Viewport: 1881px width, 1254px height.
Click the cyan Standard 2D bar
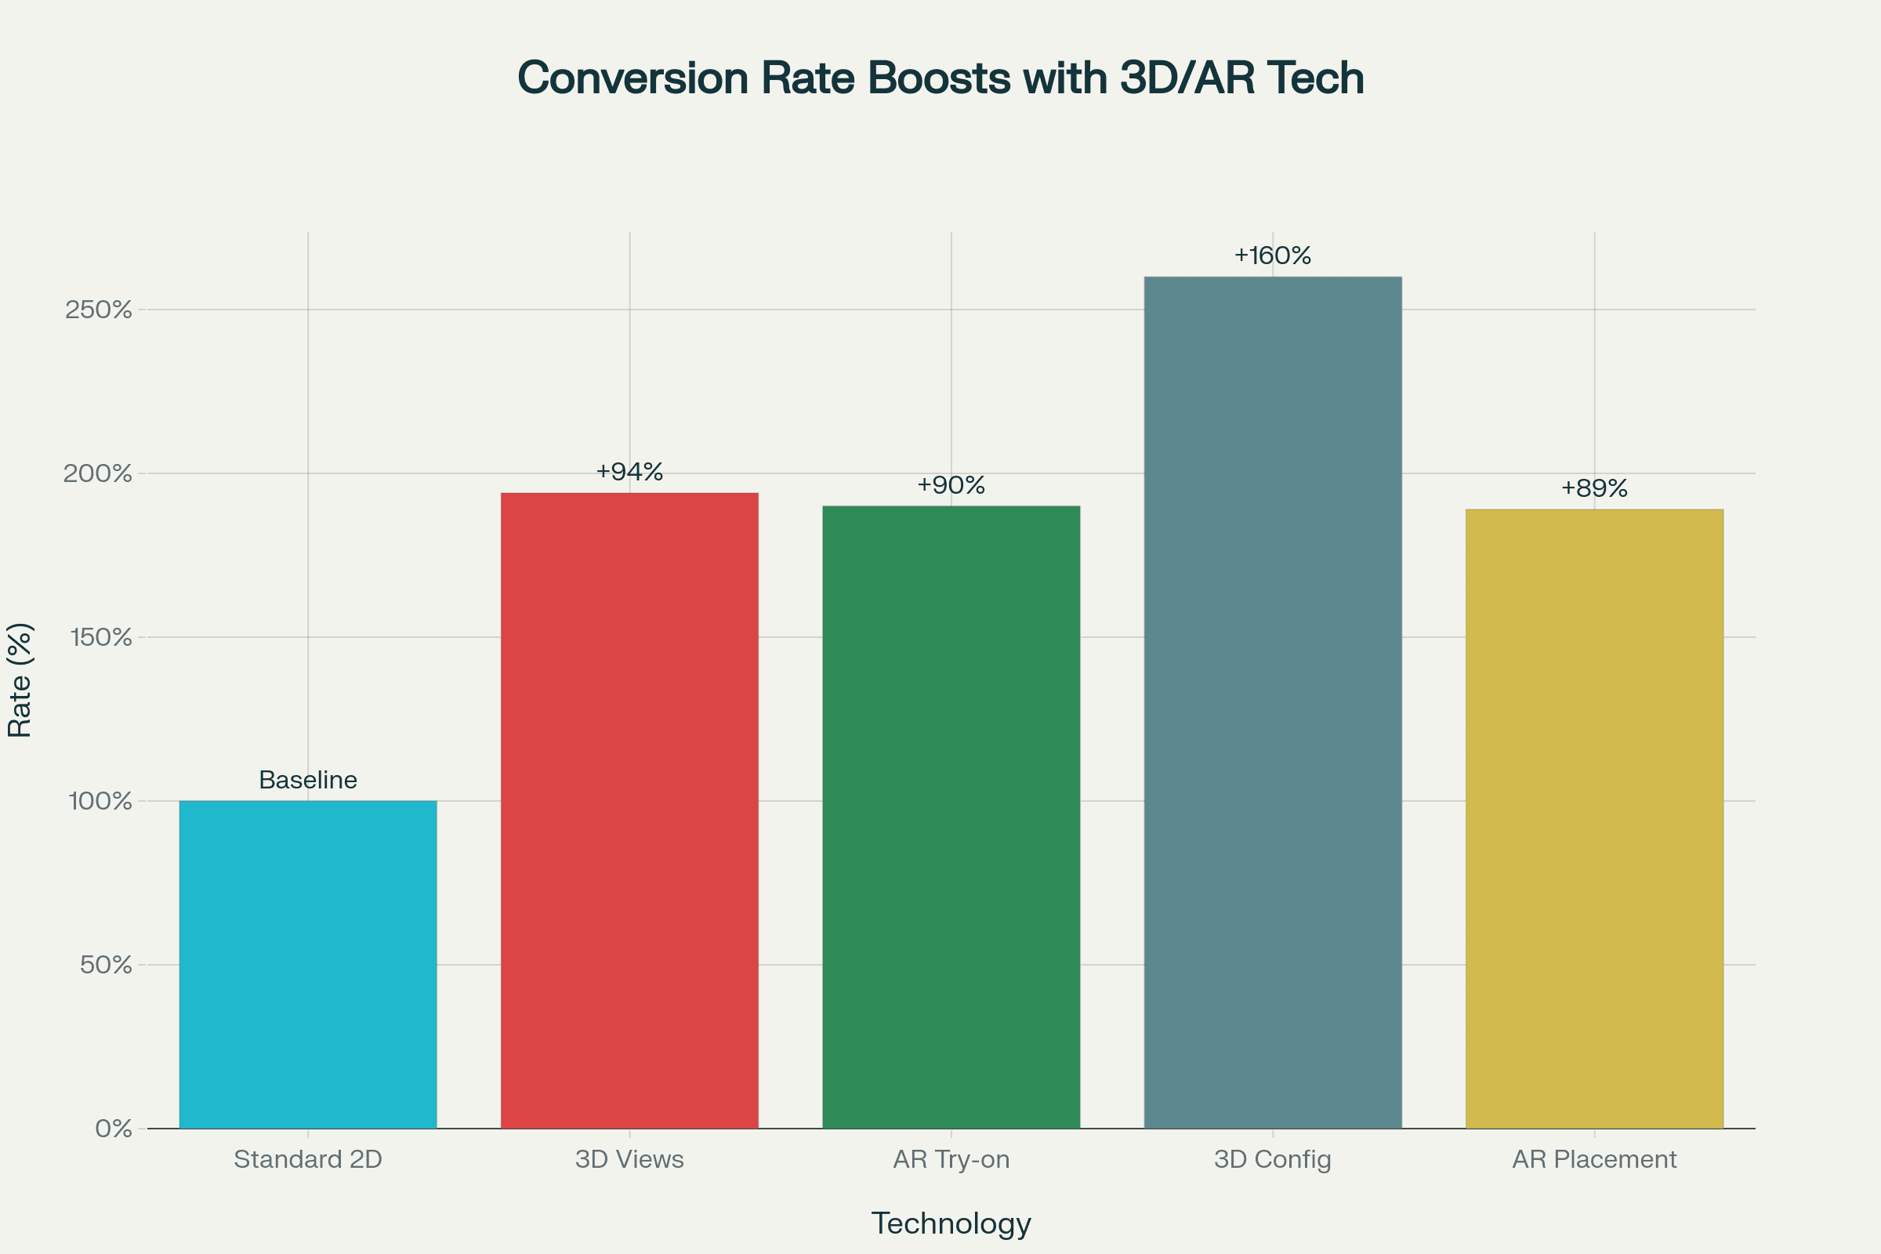(x=308, y=965)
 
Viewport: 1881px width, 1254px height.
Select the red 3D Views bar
(x=629, y=810)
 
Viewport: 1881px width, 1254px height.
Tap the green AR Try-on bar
(x=951, y=817)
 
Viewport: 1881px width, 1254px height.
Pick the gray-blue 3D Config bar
(x=1272, y=702)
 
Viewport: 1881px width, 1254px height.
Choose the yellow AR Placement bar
(x=1594, y=818)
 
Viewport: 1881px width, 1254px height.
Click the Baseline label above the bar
(x=308, y=780)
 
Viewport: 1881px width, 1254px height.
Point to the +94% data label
(x=629, y=472)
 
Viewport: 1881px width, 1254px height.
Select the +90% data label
(x=951, y=484)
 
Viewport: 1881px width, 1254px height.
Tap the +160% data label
(x=1272, y=256)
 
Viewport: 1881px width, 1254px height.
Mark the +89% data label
(x=1594, y=487)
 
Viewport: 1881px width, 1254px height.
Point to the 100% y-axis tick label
(x=100, y=801)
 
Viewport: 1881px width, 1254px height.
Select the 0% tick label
(x=113, y=1129)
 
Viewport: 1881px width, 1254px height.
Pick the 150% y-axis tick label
(x=100, y=637)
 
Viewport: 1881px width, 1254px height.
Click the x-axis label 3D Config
(x=1272, y=1159)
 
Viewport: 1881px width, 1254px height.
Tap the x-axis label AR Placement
(x=1594, y=1159)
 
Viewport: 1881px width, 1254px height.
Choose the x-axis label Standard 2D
(x=308, y=1159)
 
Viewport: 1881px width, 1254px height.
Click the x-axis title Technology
(x=951, y=1223)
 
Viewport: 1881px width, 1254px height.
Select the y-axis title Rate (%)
(x=20, y=680)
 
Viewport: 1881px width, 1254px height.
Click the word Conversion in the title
(x=632, y=78)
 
